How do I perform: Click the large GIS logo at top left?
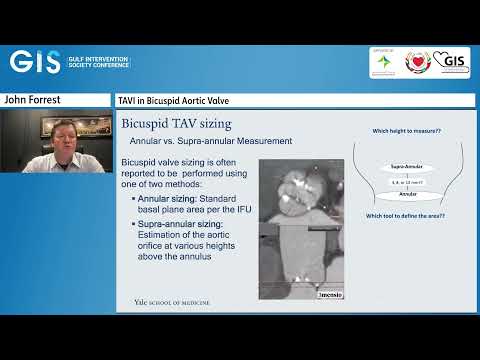pyautogui.click(x=36, y=61)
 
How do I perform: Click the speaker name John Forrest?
pyautogui.click(x=33, y=100)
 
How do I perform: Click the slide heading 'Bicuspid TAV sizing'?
pyautogui.click(x=176, y=123)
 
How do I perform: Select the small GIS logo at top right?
pyautogui.click(x=453, y=61)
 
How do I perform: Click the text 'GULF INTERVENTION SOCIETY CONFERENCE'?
pyautogui.click(x=99, y=61)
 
